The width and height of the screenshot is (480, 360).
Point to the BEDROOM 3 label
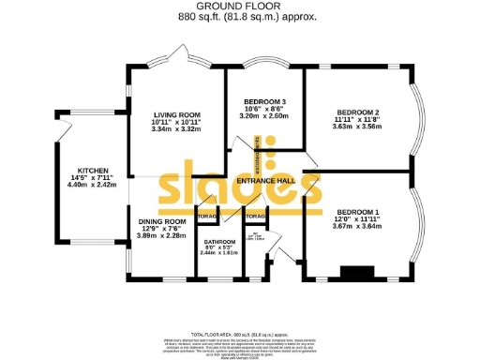(264, 100)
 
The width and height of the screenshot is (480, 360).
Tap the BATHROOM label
(219, 242)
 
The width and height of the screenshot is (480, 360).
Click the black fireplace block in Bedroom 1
(355, 274)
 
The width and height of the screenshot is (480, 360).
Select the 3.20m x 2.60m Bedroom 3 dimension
(264, 116)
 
